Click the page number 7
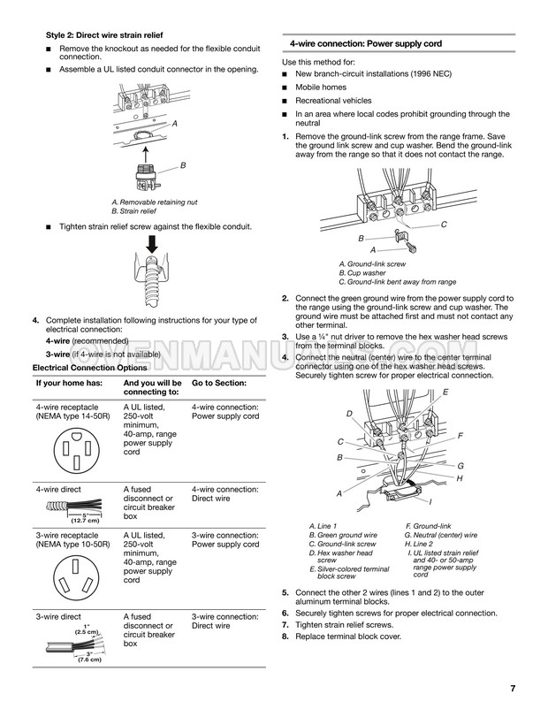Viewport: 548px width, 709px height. [512, 689]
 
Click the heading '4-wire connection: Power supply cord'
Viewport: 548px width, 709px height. [367, 43]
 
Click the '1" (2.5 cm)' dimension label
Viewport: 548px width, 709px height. [86, 629]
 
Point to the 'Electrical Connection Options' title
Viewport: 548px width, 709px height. [88, 367]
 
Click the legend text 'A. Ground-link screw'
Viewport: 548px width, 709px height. [372, 264]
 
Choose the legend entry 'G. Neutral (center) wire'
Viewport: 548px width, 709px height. [440, 535]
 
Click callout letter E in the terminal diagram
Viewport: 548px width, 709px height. [445, 392]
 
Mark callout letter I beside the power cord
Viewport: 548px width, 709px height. [430, 502]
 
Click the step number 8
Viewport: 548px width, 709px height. [285, 637]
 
